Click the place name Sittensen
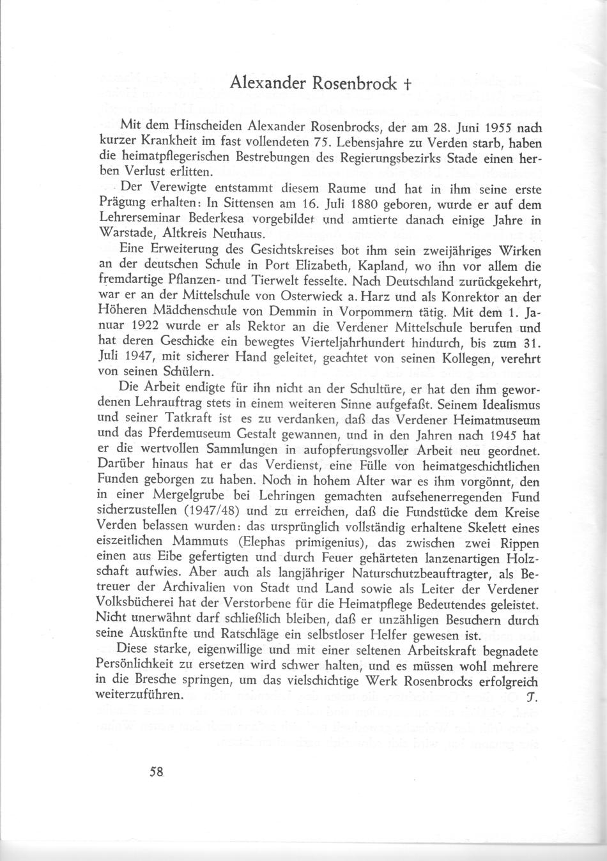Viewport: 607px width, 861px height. [x=242, y=206]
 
